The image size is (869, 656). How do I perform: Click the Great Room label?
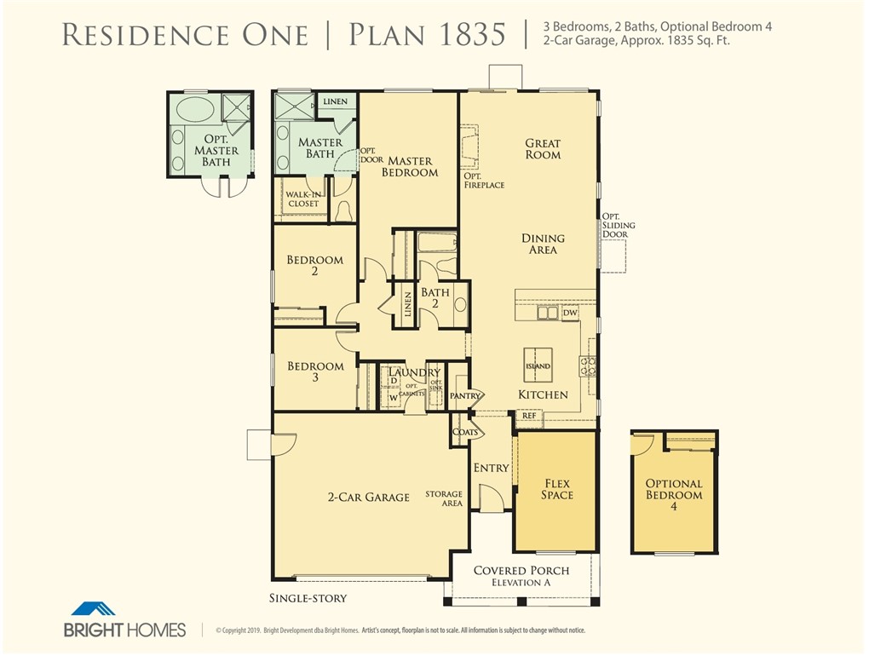coord(543,149)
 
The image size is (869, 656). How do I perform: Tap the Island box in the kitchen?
coord(538,363)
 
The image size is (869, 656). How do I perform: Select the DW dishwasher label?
coord(570,314)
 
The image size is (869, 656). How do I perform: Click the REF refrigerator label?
coord(528,416)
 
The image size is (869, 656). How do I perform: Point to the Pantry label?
coord(466,396)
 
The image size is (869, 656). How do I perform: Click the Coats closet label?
coord(465,431)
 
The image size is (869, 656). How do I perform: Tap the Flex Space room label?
coord(557,489)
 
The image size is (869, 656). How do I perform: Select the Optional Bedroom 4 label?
coord(673,495)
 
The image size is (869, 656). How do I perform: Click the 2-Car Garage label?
coord(369,497)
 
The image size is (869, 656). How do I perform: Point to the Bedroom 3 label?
coord(315,371)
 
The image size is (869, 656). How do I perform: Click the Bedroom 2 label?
coord(314,266)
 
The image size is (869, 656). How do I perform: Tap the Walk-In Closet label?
coord(302,199)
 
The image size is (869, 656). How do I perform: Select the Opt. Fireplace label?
coord(484,180)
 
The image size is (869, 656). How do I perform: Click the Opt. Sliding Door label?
coord(619,225)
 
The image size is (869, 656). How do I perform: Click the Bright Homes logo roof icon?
coord(93,609)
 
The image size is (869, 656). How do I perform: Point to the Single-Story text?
coord(308,598)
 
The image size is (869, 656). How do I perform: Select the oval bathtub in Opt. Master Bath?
coord(196,109)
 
